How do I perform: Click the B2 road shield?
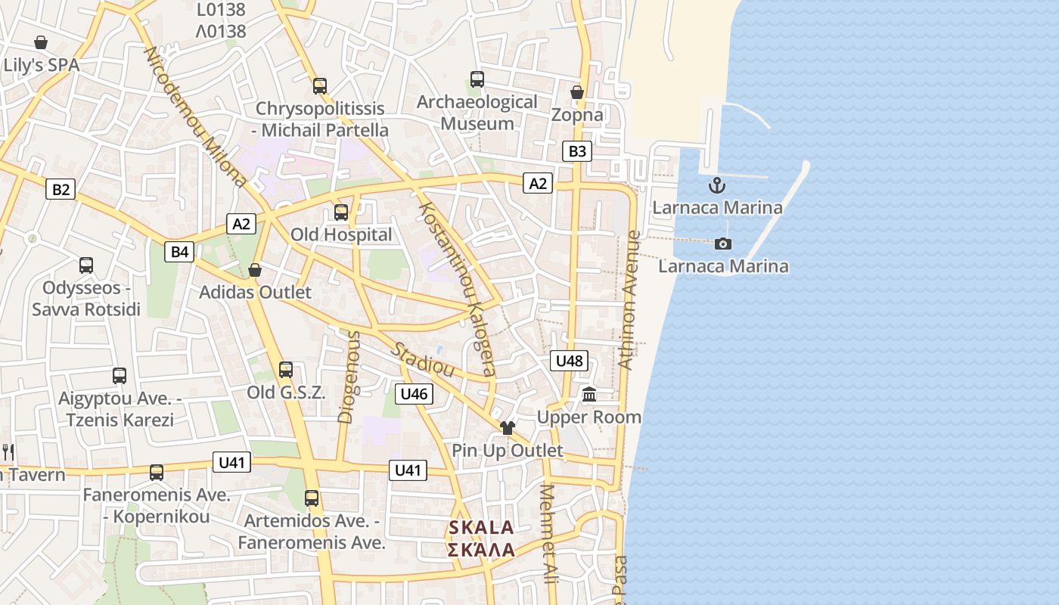click(x=61, y=189)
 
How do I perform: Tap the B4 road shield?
click(x=180, y=251)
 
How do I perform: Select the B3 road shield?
click(x=577, y=151)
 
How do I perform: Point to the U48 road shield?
click(x=569, y=361)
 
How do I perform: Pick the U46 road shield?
click(x=414, y=393)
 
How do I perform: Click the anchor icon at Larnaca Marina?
click(x=716, y=185)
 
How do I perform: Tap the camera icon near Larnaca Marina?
click(x=723, y=244)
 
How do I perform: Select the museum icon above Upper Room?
click(x=589, y=395)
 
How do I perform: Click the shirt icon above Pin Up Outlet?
click(x=507, y=428)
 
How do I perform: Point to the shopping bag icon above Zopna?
click(x=577, y=92)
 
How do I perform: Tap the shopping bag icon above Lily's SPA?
click(x=41, y=42)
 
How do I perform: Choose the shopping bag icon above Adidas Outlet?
click(x=255, y=270)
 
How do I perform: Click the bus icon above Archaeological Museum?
click(x=477, y=79)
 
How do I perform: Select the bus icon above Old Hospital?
click(x=341, y=212)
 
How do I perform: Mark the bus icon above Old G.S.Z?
click(x=286, y=369)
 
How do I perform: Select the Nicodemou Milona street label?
click(x=195, y=117)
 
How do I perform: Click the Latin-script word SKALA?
click(x=482, y=528)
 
